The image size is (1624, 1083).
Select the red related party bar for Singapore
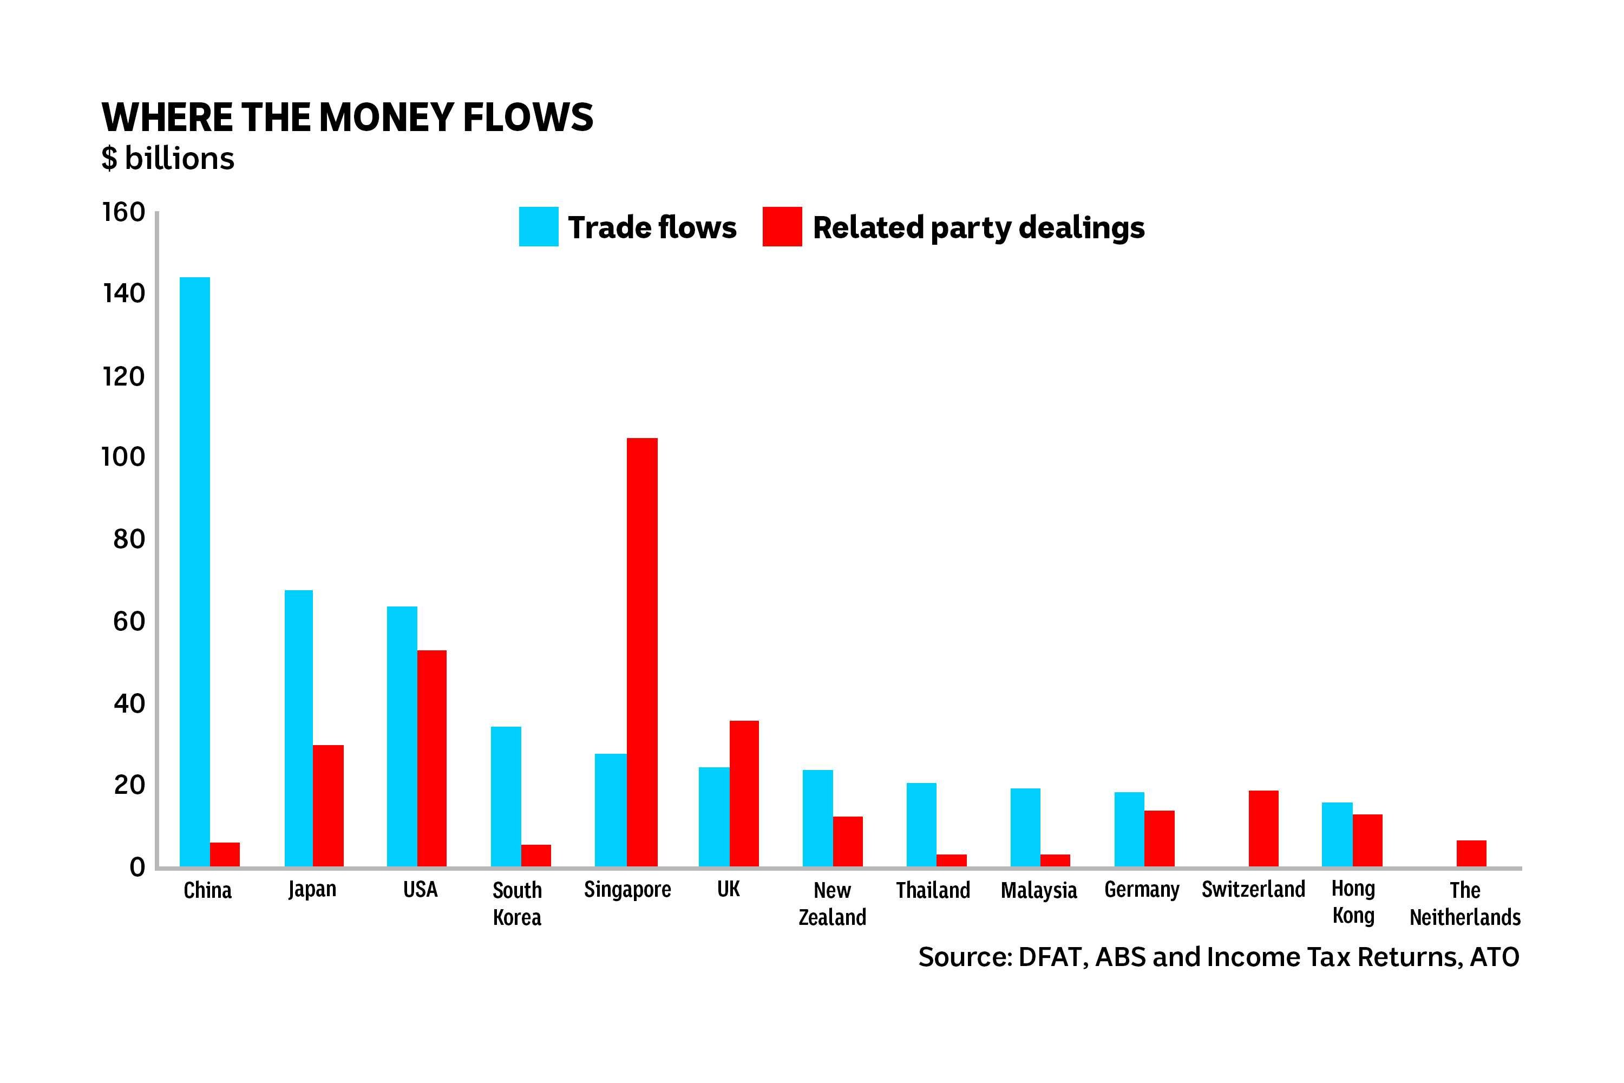(642, 652)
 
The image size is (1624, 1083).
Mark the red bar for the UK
(744, 794)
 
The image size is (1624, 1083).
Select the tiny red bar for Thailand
(952, 860)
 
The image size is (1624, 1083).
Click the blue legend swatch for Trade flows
(539, 226)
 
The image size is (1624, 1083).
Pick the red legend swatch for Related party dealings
(782, 226)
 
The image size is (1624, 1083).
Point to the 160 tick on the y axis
(125, 212)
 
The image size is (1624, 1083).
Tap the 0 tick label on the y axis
(137, 867)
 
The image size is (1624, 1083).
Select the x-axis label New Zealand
(832, 903)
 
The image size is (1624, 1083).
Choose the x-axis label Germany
(1141, 890)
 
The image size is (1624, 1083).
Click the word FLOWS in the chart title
(528, 117)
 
